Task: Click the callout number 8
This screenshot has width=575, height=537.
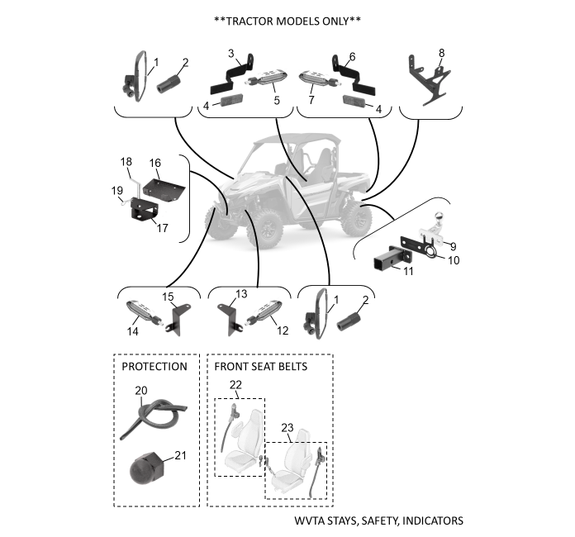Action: (x=441, y=52)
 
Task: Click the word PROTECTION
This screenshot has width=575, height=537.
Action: (x=154, y=366)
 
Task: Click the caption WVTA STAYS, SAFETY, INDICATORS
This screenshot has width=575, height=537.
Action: (x=378, y=521)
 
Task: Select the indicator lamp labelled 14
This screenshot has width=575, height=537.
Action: (x=143, y=316)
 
